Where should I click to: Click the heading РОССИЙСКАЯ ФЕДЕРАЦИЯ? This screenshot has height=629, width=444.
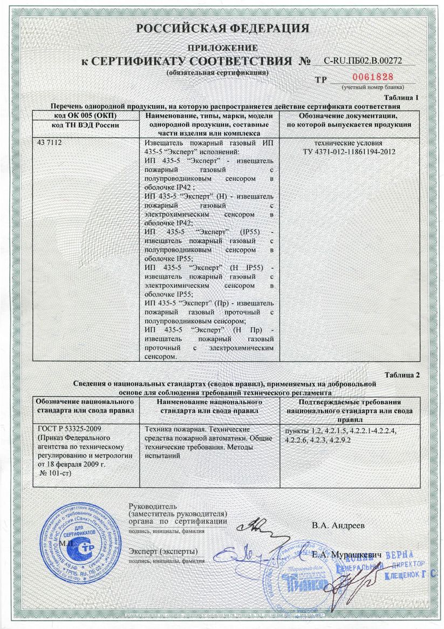pyautogui.click(x=222, y=28)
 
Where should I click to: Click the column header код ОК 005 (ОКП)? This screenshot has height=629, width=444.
pyautogui.click(x=86, y=116)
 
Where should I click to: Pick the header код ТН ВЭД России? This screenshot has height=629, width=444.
pyautogui.click(x=86, y=125)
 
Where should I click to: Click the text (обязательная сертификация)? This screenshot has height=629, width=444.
pyautogui.click(x=217, y=72)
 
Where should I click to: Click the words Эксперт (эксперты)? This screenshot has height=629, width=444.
pyautogui.click(x=163, y=551)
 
